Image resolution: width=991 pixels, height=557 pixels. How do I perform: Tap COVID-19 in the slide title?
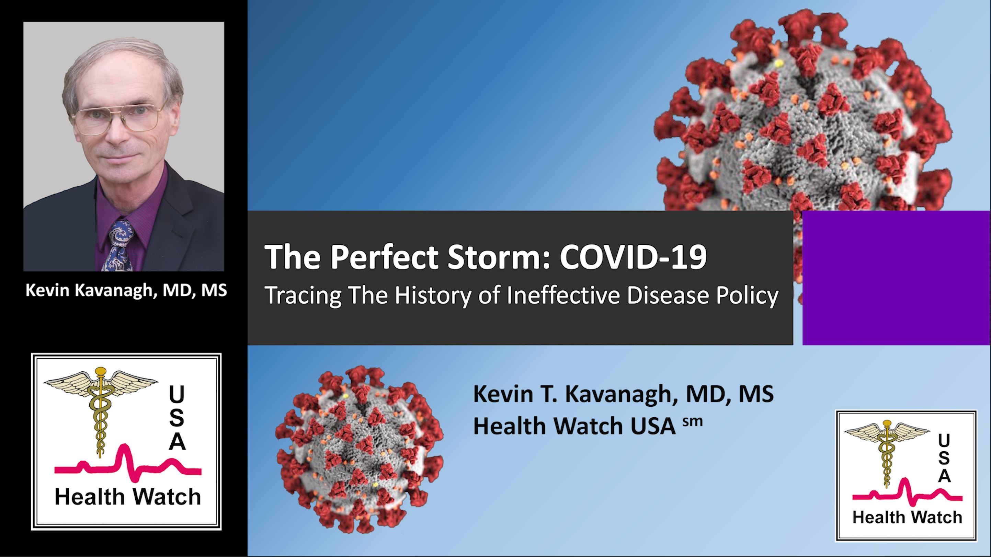(x=633, y=256)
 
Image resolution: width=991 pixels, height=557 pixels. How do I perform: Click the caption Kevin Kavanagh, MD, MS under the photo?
(x=126, y=290)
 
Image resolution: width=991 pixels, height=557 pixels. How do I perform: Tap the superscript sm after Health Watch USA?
(x=693, y=421)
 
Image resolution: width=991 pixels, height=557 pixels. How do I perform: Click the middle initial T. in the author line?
(x=547, y=394)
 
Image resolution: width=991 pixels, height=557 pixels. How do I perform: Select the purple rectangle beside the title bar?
(x=896, y=278)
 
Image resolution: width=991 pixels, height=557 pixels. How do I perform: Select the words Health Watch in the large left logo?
(x=128, y=497)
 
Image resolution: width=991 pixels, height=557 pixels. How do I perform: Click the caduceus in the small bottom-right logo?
(x=887, y=450)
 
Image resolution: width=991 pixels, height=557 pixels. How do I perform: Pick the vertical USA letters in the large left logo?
(x=177, y=417)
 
